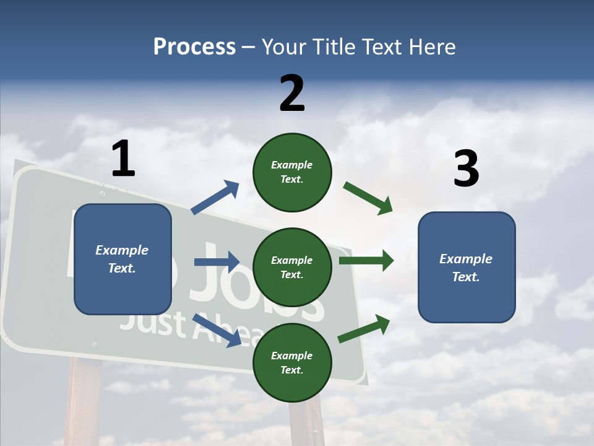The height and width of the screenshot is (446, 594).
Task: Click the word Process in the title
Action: (x=194, y=46)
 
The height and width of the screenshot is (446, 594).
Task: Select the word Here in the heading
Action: (x=431, y=46)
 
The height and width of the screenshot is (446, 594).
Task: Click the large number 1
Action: (x=123, y=159)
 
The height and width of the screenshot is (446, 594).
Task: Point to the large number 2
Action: (x=292, y=94)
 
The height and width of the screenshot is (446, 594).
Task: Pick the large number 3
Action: (x=466, y=170)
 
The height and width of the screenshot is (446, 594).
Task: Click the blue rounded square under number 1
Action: (x=123, y=259)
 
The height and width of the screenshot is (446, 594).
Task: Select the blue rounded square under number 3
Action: (x=467, y=267)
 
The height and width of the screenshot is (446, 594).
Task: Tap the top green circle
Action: (x=292, y=172)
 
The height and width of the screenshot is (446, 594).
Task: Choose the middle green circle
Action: (x=292, y=267)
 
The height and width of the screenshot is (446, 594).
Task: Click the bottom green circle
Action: (x=292, y=362)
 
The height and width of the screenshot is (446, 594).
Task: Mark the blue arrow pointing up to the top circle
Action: (x=215, y=198)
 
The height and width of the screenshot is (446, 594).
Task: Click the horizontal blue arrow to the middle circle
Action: (x=217, y=262)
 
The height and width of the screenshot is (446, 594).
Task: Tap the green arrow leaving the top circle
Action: (x=368, y=198)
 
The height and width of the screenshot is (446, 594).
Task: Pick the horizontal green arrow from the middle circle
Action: (x=366, y=261)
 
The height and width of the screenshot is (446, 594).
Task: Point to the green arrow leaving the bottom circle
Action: (x=364, y=329)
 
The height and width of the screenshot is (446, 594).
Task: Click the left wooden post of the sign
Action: (x=84, y=403)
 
